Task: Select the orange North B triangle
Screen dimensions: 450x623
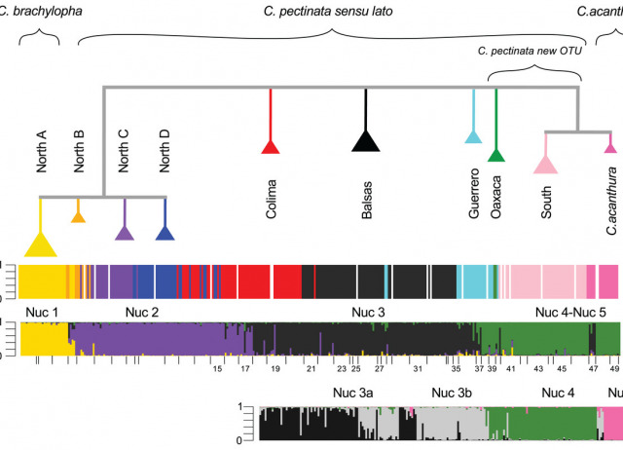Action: point(78,215)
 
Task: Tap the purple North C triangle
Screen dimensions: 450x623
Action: point(125,232)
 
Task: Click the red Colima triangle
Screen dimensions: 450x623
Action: point(271,146)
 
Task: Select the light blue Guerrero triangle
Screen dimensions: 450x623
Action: point(473,135)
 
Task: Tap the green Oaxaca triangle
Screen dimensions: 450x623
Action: point(496,154)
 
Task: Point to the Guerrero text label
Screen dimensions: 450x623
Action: point(474,193)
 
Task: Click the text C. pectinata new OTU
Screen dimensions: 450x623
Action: point(531,51)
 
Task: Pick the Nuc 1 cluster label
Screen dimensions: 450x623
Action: point(42,312)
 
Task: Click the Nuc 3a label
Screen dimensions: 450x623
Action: point(354,394)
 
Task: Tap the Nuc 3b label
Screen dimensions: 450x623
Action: point(452,394)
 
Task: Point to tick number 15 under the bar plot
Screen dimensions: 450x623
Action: point(218,370)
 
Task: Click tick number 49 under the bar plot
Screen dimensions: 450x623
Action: point(614,370)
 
